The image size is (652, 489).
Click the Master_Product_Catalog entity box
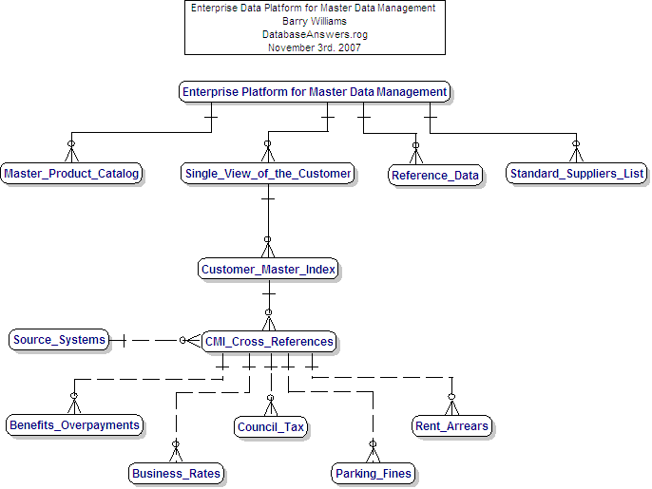(x=72, y=173)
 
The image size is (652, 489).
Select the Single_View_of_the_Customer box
(x=268, y=173)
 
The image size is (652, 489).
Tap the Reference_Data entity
(x=435, y=175)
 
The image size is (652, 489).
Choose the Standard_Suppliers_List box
(x=577, y=173)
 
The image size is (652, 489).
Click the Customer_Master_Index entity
(x=269, y=269)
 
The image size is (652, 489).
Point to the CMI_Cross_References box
(x=269, y=341)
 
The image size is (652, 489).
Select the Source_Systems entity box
(x=59, y=339)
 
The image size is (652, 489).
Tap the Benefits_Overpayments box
(x=74, y=424)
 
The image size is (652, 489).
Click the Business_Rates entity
(x=177, y=473)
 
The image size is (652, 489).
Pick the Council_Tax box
(x=271, y=426)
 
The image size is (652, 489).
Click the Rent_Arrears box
(x=451, y=425)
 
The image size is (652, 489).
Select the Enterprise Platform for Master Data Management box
(x=314, y=92)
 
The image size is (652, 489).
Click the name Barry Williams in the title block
(x=313, y=21)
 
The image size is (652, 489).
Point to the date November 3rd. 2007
(x=313, y=47)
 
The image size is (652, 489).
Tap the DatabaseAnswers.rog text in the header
(x=313, y=34)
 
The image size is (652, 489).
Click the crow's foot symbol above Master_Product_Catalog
(x=70, y=152)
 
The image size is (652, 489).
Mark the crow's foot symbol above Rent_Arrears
(x=452, y=404)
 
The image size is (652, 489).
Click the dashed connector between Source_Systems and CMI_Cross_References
(x=152, y=340)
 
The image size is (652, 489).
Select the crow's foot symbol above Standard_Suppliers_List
(x=576, y=152)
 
